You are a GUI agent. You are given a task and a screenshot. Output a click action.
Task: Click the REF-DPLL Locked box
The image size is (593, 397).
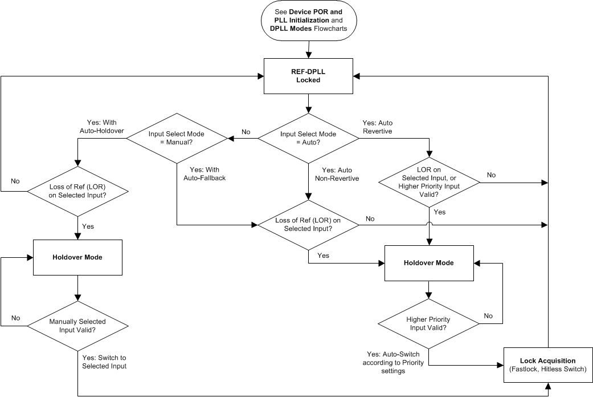pos(308,76)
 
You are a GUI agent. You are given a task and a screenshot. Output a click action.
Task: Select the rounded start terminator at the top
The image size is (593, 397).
pos(308,21)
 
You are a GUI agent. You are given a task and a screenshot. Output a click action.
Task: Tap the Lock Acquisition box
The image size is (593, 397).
pos(548,364)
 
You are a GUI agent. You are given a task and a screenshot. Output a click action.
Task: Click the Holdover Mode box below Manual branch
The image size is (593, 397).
pos(77,257)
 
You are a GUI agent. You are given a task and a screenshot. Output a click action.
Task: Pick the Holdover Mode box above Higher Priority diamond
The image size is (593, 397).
pos(428,263)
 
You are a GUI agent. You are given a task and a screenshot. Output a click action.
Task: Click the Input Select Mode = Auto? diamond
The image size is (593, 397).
pos(308,137)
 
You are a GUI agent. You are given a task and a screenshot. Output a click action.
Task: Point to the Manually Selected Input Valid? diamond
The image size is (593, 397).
pos(77,326)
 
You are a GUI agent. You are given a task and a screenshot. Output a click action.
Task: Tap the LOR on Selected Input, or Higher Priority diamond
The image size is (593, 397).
pos(428,183)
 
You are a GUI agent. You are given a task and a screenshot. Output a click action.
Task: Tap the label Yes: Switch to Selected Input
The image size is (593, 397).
pos(104,362)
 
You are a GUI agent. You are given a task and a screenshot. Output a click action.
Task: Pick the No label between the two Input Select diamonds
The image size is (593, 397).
pos(246,132)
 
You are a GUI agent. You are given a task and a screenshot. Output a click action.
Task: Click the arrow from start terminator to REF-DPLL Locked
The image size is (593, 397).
pos(308,50)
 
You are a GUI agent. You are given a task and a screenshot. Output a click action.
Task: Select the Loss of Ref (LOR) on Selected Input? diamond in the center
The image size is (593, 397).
pos(308,224)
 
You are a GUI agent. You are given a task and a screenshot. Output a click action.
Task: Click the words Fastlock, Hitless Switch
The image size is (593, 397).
pos(548,369)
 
